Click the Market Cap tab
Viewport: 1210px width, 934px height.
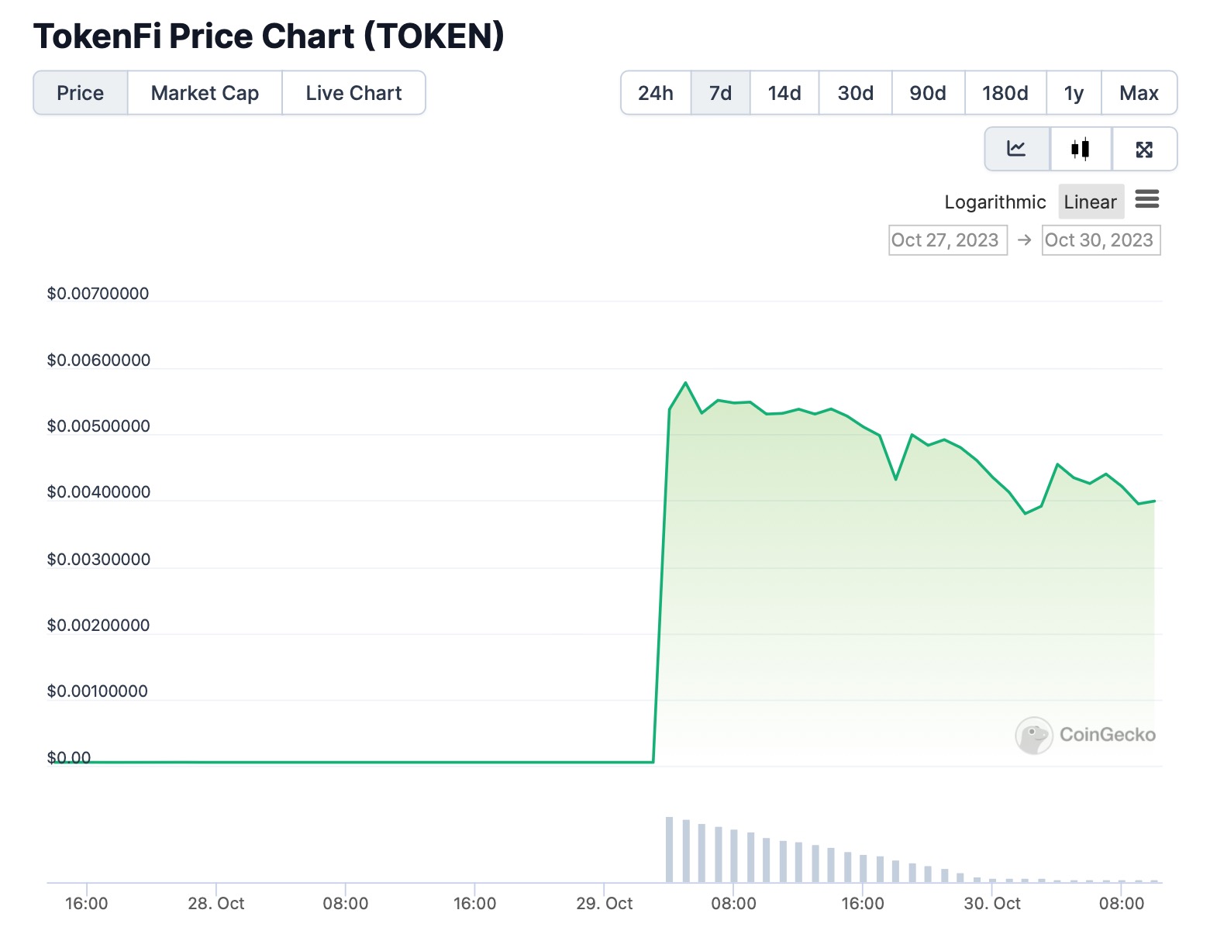click(205, 93)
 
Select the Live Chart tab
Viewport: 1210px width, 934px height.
click(353, 93)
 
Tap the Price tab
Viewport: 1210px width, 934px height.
click(80, 93)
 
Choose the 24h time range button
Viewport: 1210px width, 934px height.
click(655, 93)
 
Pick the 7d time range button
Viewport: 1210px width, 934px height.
click(720, 93)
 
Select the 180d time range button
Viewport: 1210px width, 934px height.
click(1005, 93)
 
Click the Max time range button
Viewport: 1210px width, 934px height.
click(1138, 93)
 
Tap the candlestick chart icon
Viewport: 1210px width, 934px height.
click(1080, 149)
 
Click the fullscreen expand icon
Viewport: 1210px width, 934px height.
click(1144, 149)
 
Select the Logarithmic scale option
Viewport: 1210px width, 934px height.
click(995, 202)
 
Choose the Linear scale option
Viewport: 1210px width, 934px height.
click(1090, 202)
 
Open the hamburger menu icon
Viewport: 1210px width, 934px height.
click(1146, 200)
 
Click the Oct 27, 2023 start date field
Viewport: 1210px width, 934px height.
click(946, 240)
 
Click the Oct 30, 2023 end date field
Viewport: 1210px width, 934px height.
click(1100, 240)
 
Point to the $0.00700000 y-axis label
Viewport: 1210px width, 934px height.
click(98, 294)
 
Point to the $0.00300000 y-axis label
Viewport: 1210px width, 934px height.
click(98, 560)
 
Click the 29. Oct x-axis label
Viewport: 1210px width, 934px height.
click(604, 904)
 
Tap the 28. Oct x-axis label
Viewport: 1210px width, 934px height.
click(215, 904)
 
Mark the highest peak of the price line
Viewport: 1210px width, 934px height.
click(686, 383)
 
